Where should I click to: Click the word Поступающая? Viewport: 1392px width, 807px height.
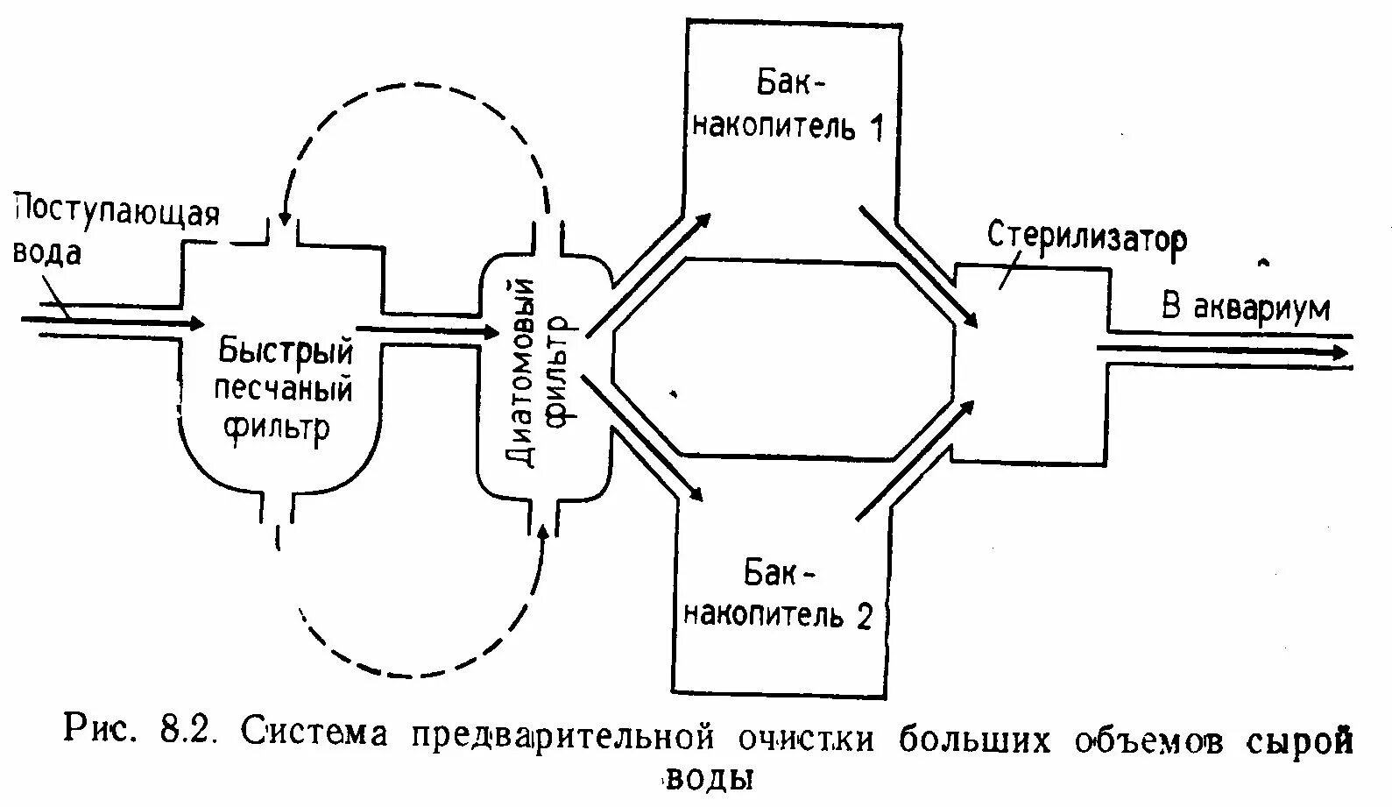point(116,213)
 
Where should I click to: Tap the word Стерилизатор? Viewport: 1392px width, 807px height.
point(1087,237)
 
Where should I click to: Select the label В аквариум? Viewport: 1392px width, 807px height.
point(1245,308)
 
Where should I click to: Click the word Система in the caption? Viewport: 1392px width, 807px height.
point(314,732)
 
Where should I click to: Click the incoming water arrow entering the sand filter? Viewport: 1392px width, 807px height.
point(114,322)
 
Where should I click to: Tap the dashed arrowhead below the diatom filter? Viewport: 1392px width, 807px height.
point(543,531)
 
